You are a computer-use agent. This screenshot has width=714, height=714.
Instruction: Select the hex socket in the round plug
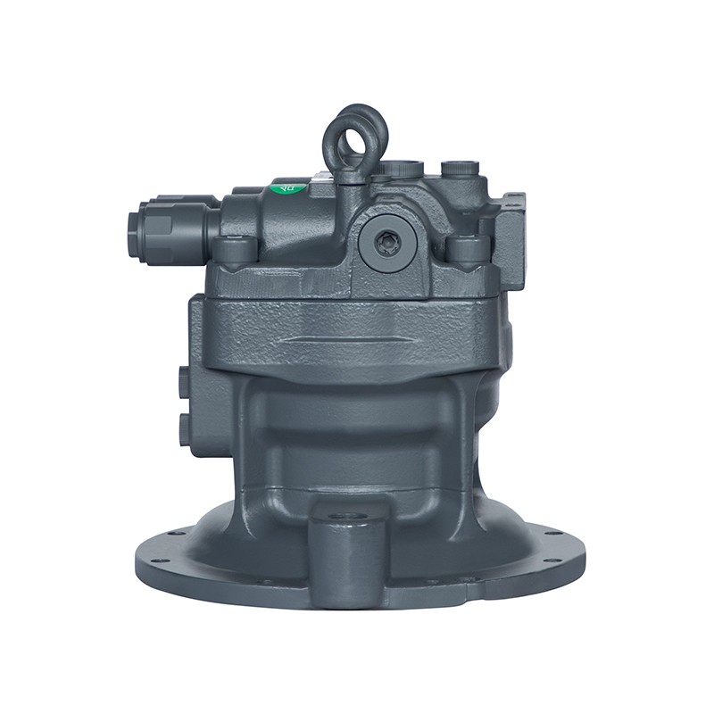(386, 239)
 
